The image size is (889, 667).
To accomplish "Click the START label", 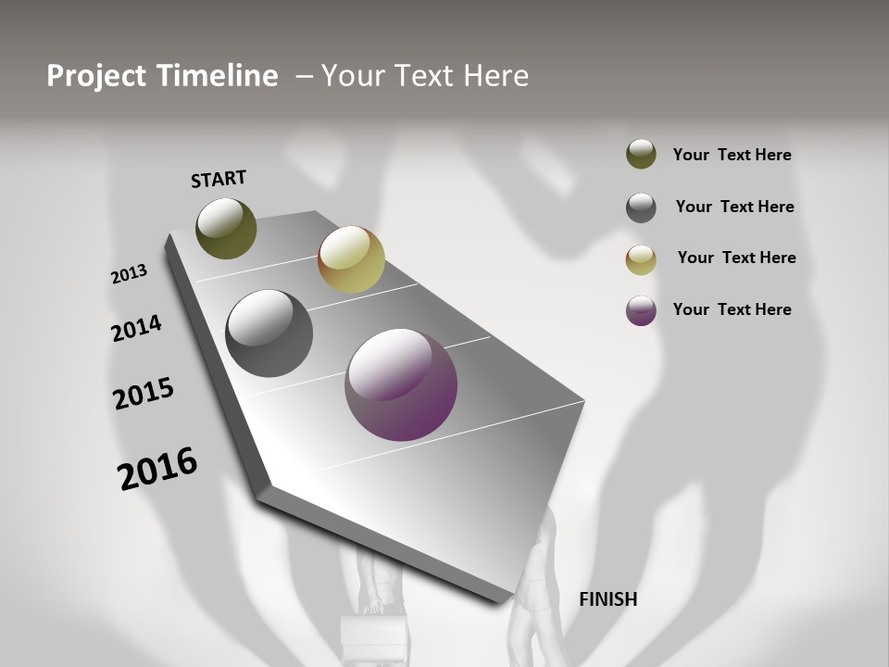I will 219,179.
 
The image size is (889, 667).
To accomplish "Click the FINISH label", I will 607,599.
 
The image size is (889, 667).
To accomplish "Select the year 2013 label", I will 130,274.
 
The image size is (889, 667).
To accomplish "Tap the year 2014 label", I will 136,328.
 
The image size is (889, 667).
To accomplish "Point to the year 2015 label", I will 144,394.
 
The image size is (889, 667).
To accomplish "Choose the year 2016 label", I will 157,469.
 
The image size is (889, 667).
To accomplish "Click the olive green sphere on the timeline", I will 226,228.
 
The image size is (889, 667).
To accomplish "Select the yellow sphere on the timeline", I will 351,259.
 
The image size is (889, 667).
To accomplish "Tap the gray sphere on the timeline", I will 269,333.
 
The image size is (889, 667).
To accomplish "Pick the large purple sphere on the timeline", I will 401,384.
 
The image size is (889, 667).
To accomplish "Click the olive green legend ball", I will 641,154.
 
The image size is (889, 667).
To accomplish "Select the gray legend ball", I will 641,208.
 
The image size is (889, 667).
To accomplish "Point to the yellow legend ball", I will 641,259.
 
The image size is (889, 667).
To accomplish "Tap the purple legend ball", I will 641,310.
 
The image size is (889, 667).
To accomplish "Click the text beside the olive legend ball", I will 732,155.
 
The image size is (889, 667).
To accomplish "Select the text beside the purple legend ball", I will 732,309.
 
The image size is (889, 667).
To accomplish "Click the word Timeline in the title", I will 218,76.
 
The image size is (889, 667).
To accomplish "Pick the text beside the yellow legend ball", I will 736,258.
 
